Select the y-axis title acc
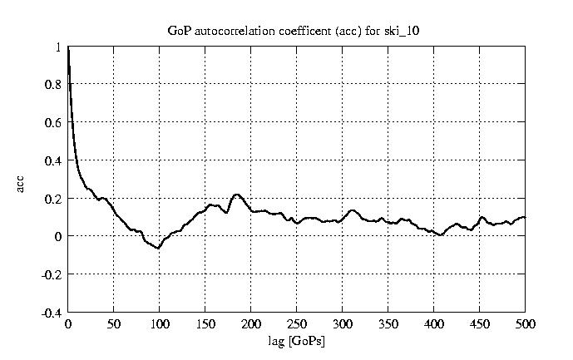22,184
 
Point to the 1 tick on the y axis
58,47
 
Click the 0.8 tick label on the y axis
53,85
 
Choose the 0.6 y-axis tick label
53,123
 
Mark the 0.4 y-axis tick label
53,160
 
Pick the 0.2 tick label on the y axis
53,199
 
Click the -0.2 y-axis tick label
52,274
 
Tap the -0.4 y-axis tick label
52,313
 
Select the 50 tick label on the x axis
114,324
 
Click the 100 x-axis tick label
160,324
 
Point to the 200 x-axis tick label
251,324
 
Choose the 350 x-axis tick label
388,324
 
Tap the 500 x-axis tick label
525,324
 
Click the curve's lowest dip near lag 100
158,248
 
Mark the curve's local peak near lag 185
237,195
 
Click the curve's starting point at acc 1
68,48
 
